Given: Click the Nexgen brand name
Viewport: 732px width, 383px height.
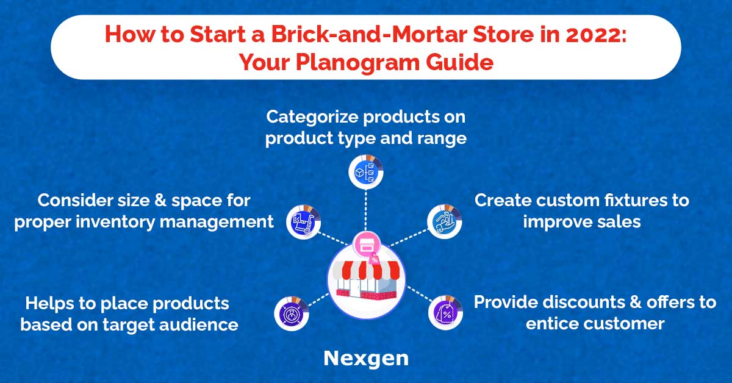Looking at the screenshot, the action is (x=366, y=359).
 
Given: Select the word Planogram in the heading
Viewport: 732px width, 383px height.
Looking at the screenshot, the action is (x=357, y=62).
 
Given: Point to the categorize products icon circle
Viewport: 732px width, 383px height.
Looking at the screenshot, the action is (x=365, y=172).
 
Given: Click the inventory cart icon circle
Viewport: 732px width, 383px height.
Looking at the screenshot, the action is (x=304, y=222).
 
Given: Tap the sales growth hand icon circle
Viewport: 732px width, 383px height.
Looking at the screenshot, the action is (x=445, y=221).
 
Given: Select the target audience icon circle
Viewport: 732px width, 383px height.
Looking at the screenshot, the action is (x=292, y=313).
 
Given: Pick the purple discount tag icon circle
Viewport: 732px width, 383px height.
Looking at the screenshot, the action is (x=446, y=313).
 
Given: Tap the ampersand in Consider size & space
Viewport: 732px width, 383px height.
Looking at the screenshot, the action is (x=160, y=200).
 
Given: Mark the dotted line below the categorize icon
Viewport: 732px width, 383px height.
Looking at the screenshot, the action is (x=365, y=210).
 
